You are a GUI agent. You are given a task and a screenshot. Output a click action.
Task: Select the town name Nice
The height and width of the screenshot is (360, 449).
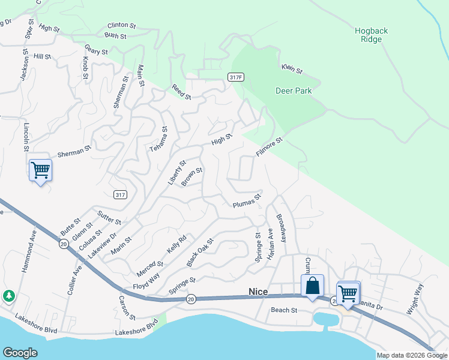pyautogui.click(x=258, y=291)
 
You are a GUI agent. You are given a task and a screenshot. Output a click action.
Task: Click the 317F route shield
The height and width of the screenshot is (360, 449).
pyautogui.click(x=236, y=77)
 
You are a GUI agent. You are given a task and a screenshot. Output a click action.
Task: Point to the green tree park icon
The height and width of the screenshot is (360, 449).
pyautogui.click(x=9, y=296)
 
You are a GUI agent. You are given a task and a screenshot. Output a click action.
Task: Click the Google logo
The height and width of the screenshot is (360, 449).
pyautogui.click(x=20, y=353)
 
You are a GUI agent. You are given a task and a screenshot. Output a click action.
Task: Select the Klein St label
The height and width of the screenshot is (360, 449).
pyautogui.click(x=292, y=69)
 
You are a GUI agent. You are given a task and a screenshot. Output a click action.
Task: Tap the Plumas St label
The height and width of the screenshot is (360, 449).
pyautogui.click(x=247, y=201)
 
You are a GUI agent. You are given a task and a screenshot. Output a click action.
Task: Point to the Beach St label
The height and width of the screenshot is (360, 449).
pyautogui.click(x=284, y=310)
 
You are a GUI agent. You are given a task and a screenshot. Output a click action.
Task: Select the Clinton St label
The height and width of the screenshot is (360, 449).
pyautogui.click(x=122, y=25)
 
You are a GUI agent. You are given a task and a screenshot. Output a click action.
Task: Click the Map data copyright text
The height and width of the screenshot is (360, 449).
pyautogui.click(x=412, y=355)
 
